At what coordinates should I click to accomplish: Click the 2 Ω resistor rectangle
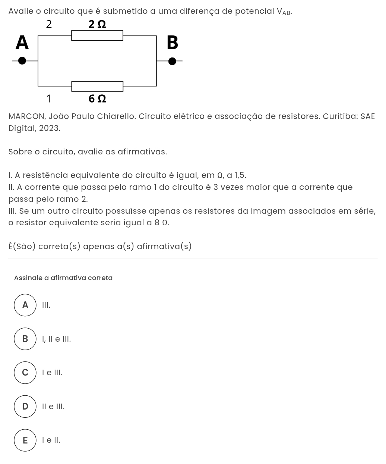97,36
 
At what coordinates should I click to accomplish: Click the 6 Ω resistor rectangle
97,86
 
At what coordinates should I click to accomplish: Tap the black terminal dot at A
22,60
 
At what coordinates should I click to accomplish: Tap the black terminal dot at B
172,61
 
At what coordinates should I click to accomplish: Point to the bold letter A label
22,42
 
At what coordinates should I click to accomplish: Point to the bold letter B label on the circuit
172,43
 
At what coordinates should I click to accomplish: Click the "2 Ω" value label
97,24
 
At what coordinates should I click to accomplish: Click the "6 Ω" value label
97,99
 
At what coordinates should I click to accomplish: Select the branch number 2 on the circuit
49,24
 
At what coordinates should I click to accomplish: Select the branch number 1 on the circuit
48,99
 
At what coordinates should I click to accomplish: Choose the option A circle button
25,305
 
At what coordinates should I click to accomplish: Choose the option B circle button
25,339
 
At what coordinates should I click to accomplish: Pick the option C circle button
25,373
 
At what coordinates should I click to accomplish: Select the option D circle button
25,407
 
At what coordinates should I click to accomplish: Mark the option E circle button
25,441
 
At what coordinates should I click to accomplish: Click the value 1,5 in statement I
240,175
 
